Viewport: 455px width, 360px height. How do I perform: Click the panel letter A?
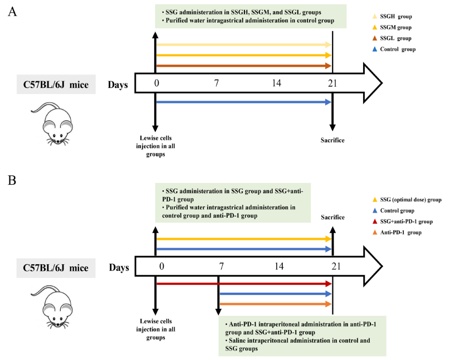12,12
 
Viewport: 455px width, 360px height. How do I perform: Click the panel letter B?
12,180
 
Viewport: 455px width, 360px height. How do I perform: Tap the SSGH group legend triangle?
375,16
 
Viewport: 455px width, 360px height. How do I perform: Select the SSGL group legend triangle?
375,38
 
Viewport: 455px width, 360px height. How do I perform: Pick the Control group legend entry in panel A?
394,50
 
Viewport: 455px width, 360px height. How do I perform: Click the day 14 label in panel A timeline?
276,83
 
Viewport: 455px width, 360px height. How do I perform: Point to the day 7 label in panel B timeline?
222,266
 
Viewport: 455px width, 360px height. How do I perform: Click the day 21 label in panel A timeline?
332,83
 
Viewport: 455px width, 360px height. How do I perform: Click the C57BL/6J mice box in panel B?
56,268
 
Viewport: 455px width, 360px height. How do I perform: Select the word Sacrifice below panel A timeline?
332,140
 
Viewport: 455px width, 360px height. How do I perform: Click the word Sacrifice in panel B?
332,218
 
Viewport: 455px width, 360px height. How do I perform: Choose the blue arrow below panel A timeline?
244,102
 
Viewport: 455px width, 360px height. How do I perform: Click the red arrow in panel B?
244,284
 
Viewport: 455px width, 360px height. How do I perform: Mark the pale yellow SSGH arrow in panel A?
244,45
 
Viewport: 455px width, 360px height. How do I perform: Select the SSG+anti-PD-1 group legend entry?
403,222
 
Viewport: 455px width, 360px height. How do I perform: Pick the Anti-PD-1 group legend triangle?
375,233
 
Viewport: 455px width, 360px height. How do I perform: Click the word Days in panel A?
118,85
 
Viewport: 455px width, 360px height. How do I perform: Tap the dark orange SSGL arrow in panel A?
244,66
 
